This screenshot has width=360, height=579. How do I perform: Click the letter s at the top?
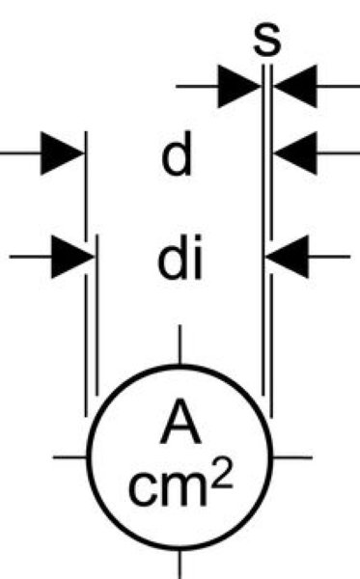click(267, 40)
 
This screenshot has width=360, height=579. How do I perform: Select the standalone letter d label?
click(177, 152)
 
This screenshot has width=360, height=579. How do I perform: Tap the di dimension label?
click(180, 257)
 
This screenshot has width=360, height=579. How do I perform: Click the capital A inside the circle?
click(180, 421)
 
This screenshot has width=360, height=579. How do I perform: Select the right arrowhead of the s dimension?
click(295, 87)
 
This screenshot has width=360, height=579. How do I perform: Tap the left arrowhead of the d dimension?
click(63, 152)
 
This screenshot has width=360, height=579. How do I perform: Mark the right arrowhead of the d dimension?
click(295, 152)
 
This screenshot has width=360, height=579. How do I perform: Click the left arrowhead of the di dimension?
click(73, 257)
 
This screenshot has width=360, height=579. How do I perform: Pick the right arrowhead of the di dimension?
click(287, 257)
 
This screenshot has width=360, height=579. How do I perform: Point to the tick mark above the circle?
click(180, 345)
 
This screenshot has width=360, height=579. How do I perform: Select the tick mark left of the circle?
click(70, 457)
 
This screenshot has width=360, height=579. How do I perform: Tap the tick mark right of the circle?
click(292, 457)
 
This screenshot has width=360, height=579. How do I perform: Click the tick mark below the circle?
click(180, 565)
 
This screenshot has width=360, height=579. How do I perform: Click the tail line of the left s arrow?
click(197, 87)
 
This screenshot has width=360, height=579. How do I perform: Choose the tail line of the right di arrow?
click(329, 257)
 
